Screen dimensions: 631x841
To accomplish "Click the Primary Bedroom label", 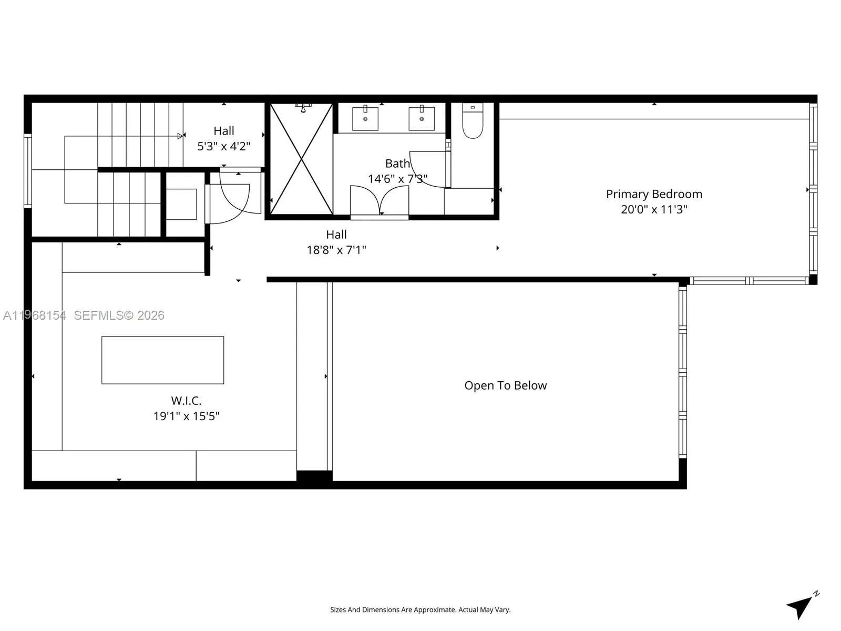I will click(x=654, y=194).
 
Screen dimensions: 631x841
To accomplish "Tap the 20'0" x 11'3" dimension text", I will click(x=654, y=209).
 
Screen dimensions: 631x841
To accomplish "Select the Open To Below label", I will click(x=505, y=385).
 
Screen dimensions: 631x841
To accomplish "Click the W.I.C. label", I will click(x=186, y=401).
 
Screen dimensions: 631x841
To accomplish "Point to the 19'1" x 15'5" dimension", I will click(x=186, y=416).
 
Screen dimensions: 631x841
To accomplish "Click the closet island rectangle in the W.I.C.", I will click(x=162, y=360).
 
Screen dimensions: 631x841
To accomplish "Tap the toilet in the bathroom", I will click(x=473, y=122).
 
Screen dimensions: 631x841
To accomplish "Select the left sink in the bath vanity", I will click(x=365, y=118).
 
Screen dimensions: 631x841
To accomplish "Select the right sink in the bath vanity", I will click(x=422, y=118).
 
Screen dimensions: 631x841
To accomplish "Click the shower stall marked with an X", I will click(x=301, y=159).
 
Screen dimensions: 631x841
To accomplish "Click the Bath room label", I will click(x=397, y=164).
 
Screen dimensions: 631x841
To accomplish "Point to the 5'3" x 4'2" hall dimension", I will click(x=224, y=146).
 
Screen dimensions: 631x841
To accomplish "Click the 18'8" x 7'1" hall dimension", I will click(x=336, y=250).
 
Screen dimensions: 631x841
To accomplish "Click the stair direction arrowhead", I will click(x=180, y=136).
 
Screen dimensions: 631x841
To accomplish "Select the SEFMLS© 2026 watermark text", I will click(x=119, y=315).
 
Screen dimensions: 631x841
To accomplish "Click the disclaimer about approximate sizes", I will click(x=420, y=610).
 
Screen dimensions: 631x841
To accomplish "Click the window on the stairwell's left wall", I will click(x=27, y=170).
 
